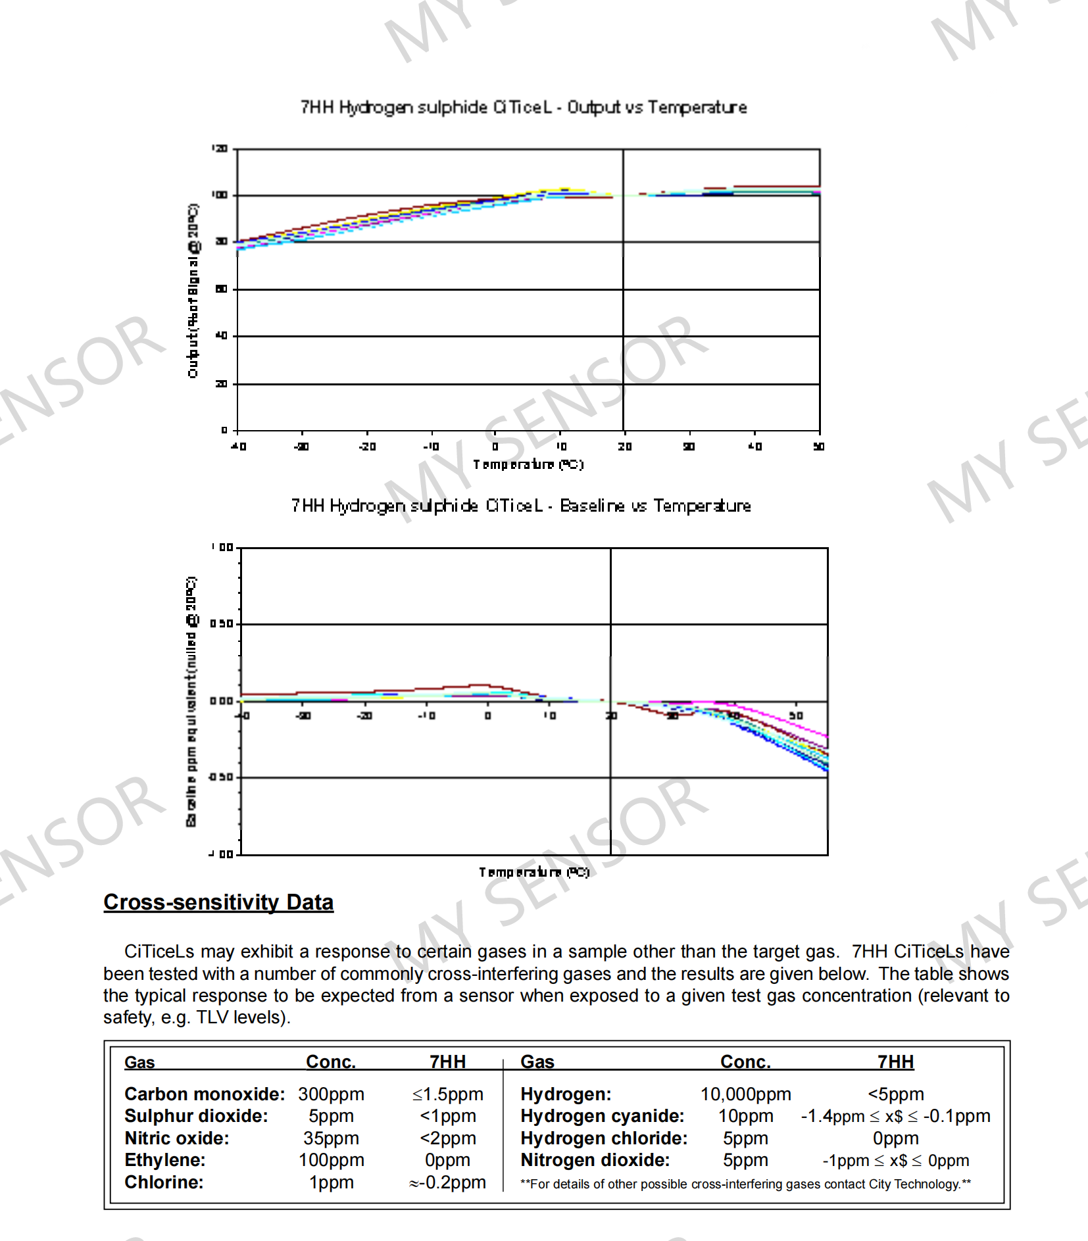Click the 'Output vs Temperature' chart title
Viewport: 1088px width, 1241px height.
(x=524, y=107)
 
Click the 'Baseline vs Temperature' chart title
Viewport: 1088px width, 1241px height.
(x=521, y=506)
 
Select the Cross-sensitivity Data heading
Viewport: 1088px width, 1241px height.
(x=218, y=902)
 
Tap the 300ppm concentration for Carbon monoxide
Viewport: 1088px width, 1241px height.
(x=331, y=1094)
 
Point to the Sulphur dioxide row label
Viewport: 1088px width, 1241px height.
(x=196, y=1116)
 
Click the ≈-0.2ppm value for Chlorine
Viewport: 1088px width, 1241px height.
(x=447, y=1182)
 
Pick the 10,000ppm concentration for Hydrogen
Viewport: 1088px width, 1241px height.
(x=745, y=1094)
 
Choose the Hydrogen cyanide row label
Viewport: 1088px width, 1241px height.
(x=602, y=1116)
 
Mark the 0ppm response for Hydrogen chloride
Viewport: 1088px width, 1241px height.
(x=895, y=1138)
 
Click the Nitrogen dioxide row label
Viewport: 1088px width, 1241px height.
(x=595, y=1160)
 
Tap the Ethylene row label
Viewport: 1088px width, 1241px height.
(x=165, y=1160)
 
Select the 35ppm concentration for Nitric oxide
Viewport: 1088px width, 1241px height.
(x=331, y=1138)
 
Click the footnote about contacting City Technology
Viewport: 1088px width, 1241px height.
(x=745, y=1184)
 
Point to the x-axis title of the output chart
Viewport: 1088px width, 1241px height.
(x=528, y=464)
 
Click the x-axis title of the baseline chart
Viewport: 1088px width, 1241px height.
(x=533, y=872)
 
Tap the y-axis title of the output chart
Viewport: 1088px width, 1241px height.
(x=193, y=291)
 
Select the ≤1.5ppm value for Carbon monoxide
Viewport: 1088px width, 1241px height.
(x=447, y=1094)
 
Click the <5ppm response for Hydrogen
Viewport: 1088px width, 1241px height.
(x=895, y=1094)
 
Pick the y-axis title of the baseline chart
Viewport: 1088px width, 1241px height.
(x=191, y=701)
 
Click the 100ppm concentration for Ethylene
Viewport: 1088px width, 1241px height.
(x=331, y=1160)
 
